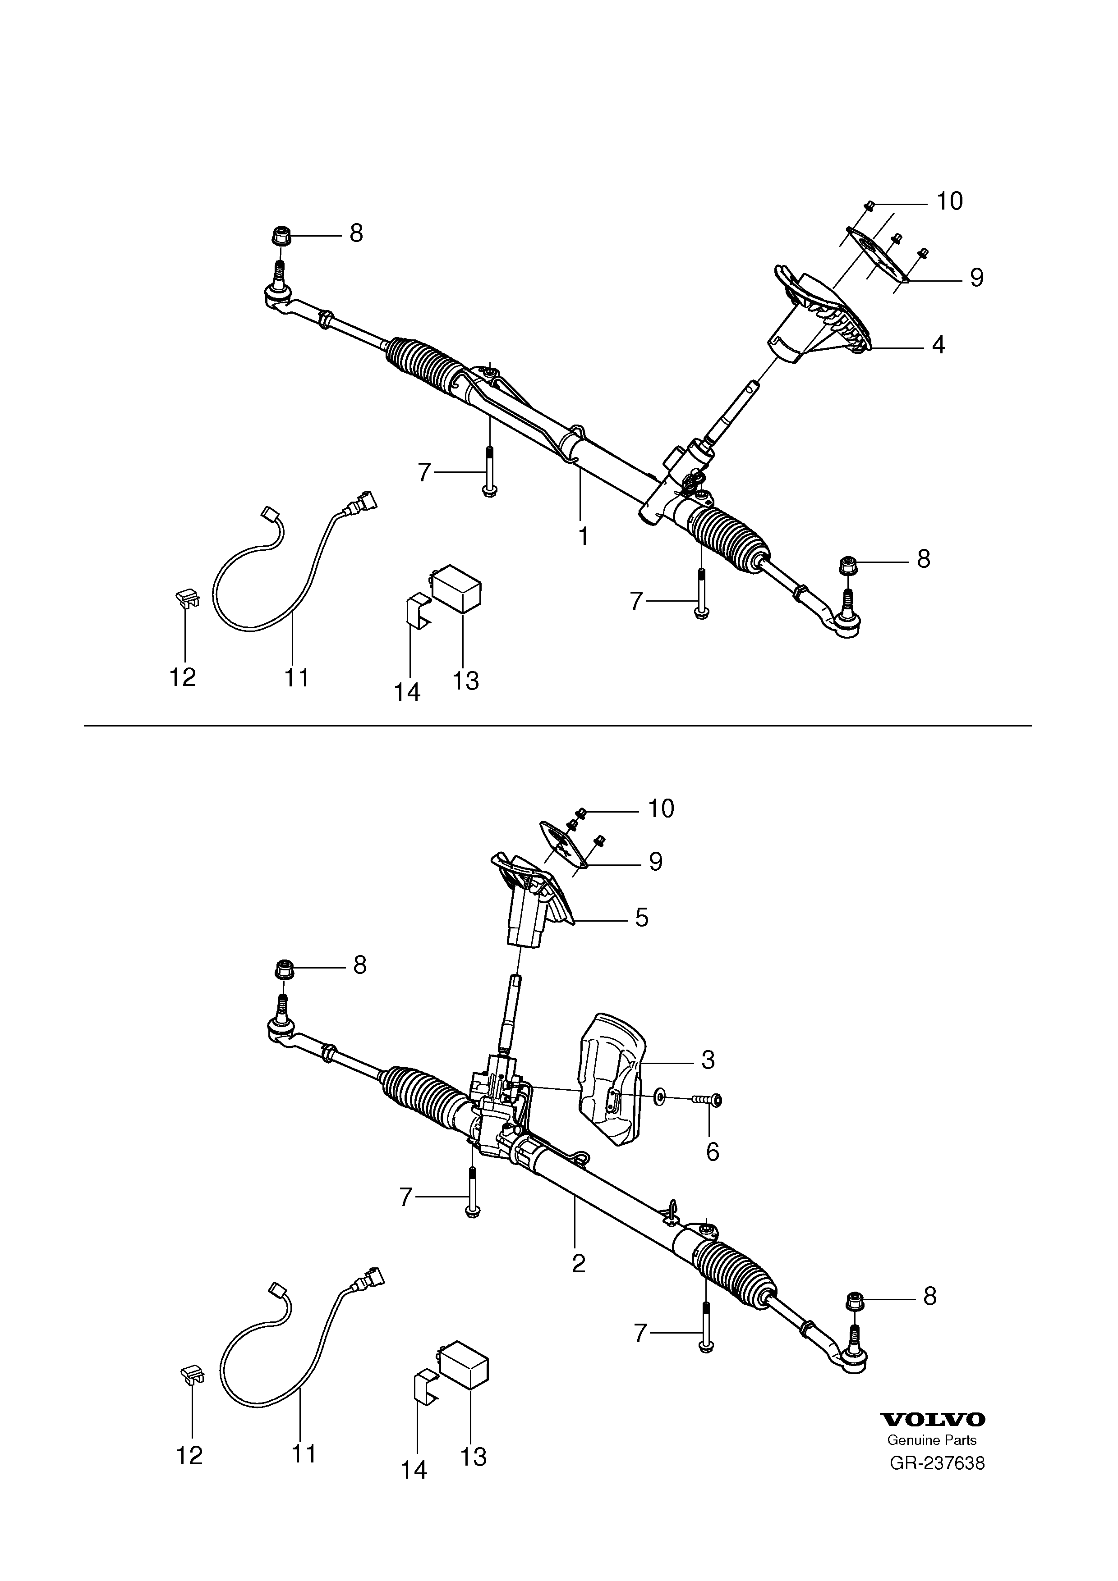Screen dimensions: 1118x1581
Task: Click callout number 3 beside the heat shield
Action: click(x=708, y=1059)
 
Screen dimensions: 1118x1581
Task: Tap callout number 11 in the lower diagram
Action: click(x=303, y=1453)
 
